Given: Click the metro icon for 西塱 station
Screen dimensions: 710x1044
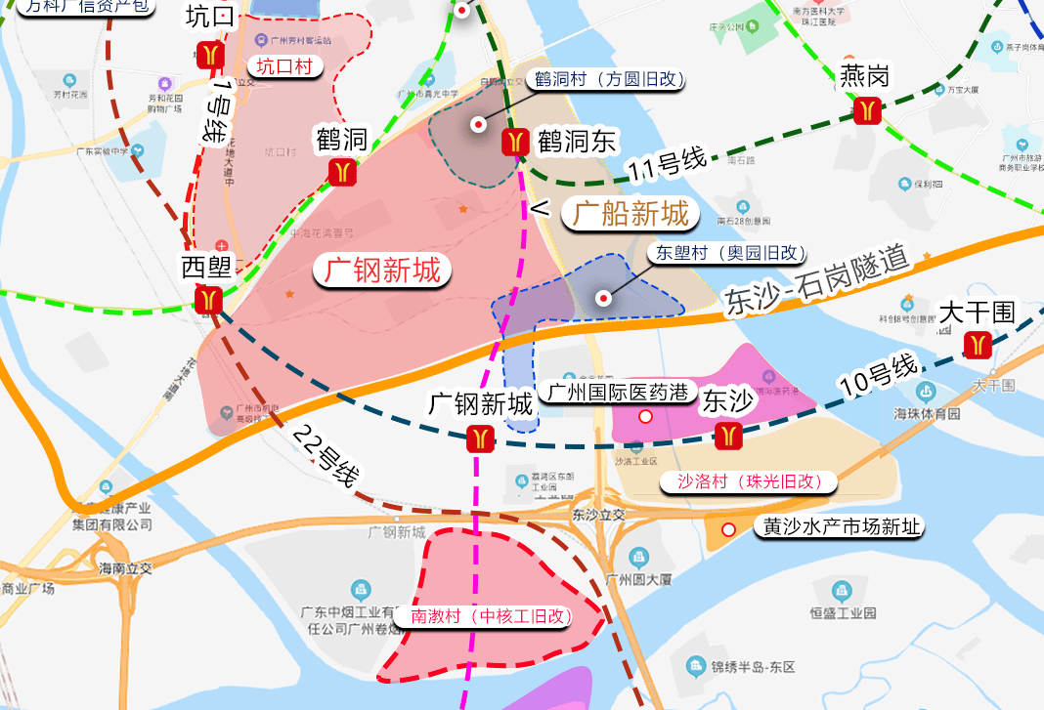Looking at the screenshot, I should click(x=209, y=299).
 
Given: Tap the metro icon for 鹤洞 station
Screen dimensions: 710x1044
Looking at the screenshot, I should click(x=341, y=172).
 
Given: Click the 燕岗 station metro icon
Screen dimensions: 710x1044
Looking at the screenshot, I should click(x=865, y=110).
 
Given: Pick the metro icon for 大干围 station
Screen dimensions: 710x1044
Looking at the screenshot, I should click(x=977, y=345).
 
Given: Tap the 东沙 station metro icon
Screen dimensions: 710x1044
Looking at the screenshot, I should click(x=728, y=436).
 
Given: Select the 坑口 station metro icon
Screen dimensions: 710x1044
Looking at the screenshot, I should click(x=210, y=55).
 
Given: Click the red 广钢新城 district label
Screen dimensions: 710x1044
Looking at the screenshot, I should click(x=382, y=271).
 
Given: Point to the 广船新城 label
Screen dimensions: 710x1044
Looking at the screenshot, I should click(x=631, y=213).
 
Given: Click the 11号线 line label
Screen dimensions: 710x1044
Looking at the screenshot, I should click(x=667, y=166).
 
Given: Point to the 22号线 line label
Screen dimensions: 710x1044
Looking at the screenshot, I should click(x=326, y=457).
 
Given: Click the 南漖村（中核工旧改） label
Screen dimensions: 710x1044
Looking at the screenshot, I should click(x=489, y=616).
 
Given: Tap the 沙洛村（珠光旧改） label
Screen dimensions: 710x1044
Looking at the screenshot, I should click(x=749, y=481).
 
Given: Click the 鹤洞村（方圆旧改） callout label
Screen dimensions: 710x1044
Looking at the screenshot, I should click(x=607, y=80).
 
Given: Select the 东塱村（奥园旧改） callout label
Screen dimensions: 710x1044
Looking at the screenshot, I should click(x=725, y=252).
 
